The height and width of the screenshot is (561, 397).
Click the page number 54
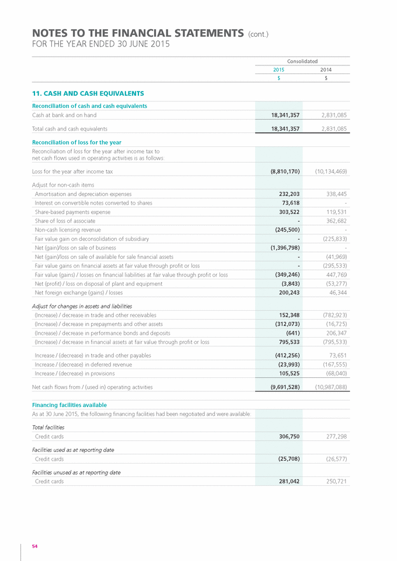[x=34, y=546]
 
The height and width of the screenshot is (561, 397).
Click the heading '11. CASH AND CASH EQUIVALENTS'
[x=88, y=93]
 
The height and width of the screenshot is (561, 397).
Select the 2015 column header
[x=279, y=69]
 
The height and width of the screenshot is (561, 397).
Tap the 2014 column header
[x=326, y=69]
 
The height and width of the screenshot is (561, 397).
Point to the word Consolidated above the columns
[x=302, y=61]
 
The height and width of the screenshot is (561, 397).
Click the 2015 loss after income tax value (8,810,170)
[x=281, y=171]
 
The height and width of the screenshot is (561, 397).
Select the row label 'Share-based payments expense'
[x=72, y=212]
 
